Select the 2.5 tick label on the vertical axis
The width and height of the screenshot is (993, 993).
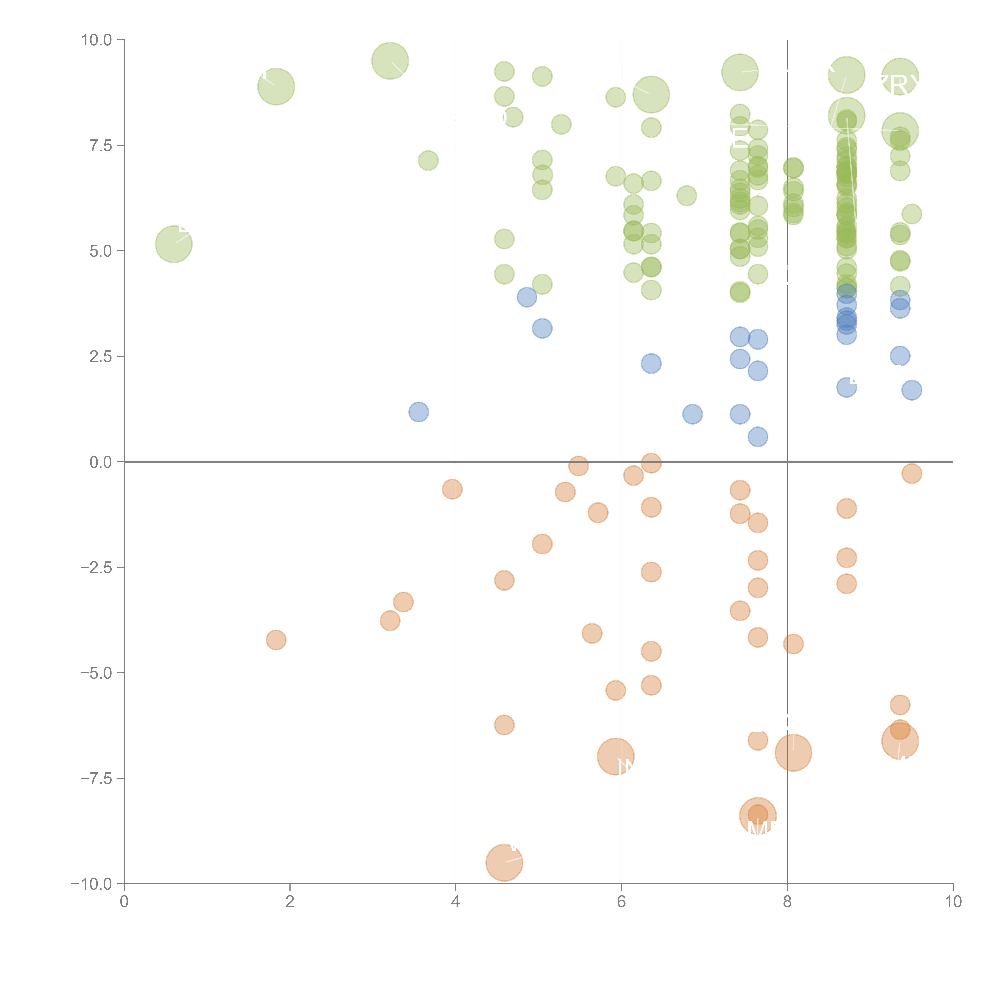100,356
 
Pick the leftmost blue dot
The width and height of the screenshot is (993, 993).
419,412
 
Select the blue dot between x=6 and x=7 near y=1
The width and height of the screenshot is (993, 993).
692,414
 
